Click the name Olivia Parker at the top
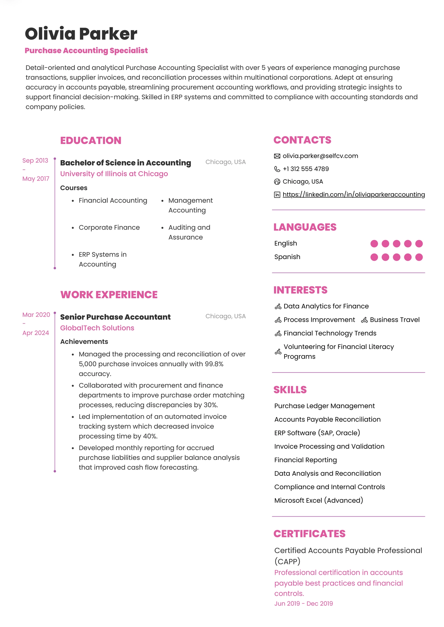point(81,34)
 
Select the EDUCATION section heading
point(90,140)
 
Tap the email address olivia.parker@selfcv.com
point(320,156)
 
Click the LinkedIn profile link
point(354,194)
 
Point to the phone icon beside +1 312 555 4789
point(277,169)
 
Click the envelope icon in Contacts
point(277,156)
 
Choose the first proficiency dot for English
point(374,244)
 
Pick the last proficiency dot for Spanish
point(419,257)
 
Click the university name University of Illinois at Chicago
point(114,174)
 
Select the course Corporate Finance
point(109,228)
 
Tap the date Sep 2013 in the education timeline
point(35,160)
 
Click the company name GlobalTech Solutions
point(97,328)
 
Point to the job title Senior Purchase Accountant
point(115,317)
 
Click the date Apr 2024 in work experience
point(36,333)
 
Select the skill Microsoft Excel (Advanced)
point(318,500)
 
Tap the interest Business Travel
point(394,320)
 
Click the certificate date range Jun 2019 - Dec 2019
point(303,603)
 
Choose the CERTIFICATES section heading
point(309,534)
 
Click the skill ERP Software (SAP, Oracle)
point(317,433)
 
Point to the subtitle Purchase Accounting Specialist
point(86,51)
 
